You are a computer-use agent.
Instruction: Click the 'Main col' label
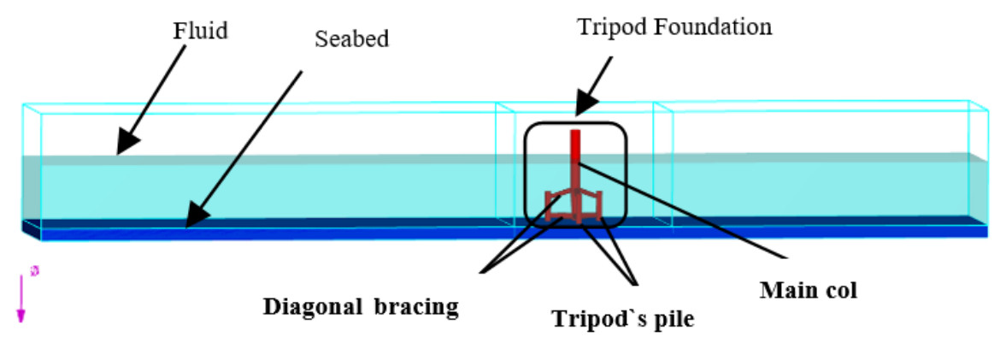(x=808, y=290)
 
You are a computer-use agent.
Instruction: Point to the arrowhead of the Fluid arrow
(x=123, y=148)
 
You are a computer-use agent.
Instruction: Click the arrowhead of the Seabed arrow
(x=193, y=221)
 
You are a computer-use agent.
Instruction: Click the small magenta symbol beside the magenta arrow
(x=34, y=271)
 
